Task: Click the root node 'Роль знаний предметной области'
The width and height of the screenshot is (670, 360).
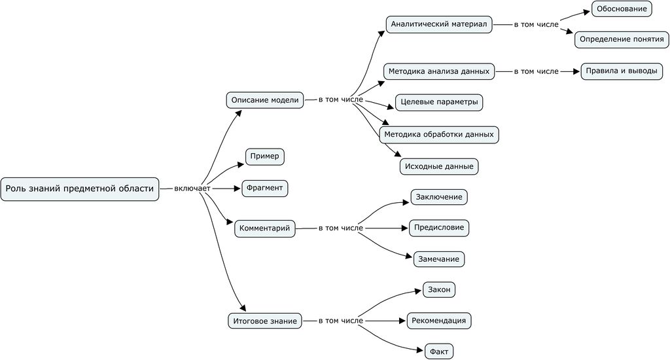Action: [x=80, y=189]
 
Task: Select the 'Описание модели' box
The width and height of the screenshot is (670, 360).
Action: [x=265, y=100]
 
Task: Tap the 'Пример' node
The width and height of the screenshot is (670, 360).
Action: [x=265, y=156]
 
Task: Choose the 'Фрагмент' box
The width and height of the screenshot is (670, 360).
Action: [x=265, y=188]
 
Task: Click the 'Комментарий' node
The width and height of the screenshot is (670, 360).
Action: [x=265, y=228]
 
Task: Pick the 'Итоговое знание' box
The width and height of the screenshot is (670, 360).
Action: [x=266, y=321]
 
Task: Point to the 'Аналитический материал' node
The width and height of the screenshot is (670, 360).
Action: [x=439, y=25]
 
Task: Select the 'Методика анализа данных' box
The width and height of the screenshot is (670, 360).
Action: [x=438, y=71]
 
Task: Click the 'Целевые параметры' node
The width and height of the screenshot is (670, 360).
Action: [x=440, y=102]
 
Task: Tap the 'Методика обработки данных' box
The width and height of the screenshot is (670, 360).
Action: [x=439, y=135]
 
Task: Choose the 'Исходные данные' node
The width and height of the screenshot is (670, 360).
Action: [x=439, y=166]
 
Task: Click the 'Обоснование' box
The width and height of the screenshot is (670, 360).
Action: [x=622, y=9]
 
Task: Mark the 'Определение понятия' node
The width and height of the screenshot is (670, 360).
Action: [x=622, y=39]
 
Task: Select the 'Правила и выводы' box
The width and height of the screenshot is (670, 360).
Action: [x=622, y=71]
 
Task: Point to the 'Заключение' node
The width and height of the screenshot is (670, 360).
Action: [x=439, y=197]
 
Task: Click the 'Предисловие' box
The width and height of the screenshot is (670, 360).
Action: [x=439, y=228]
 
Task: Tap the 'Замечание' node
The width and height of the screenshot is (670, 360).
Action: [x=439, y=259]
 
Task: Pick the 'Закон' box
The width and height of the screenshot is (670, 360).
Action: [x=439, y=289]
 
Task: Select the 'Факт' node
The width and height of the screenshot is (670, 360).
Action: [x=439, y=351]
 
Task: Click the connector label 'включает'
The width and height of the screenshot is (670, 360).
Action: [x=192, y=189]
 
